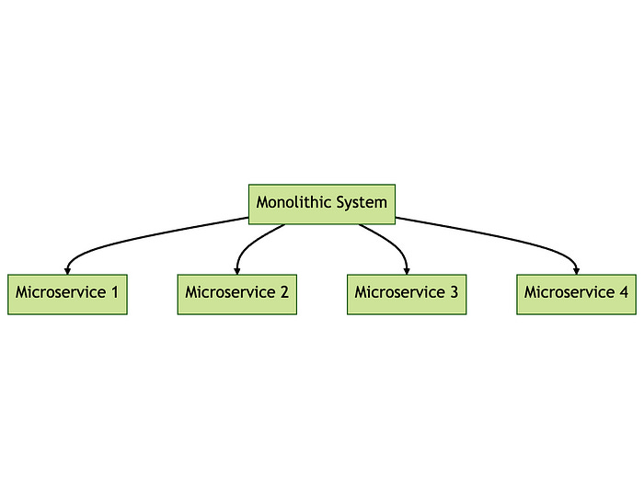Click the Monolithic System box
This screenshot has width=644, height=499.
322,203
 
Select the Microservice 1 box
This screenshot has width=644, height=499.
67,294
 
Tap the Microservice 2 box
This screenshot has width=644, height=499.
236,294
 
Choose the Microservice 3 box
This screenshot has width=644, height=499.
407,294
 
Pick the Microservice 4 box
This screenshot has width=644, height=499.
576,294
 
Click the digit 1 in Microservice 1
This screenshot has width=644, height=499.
115,293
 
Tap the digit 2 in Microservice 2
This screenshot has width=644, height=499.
284,293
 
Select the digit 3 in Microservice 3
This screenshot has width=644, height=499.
454,293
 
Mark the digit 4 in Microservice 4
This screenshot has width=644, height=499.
624,293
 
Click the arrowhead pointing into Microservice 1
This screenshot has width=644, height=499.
67,269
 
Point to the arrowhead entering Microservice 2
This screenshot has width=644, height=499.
237,269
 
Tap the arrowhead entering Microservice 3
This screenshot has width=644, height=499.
407,269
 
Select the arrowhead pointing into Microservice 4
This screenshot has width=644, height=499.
577,269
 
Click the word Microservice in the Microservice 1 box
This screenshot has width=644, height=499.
60,293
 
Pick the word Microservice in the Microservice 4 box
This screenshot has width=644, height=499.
569,293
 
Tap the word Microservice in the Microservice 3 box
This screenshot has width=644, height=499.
399,293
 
